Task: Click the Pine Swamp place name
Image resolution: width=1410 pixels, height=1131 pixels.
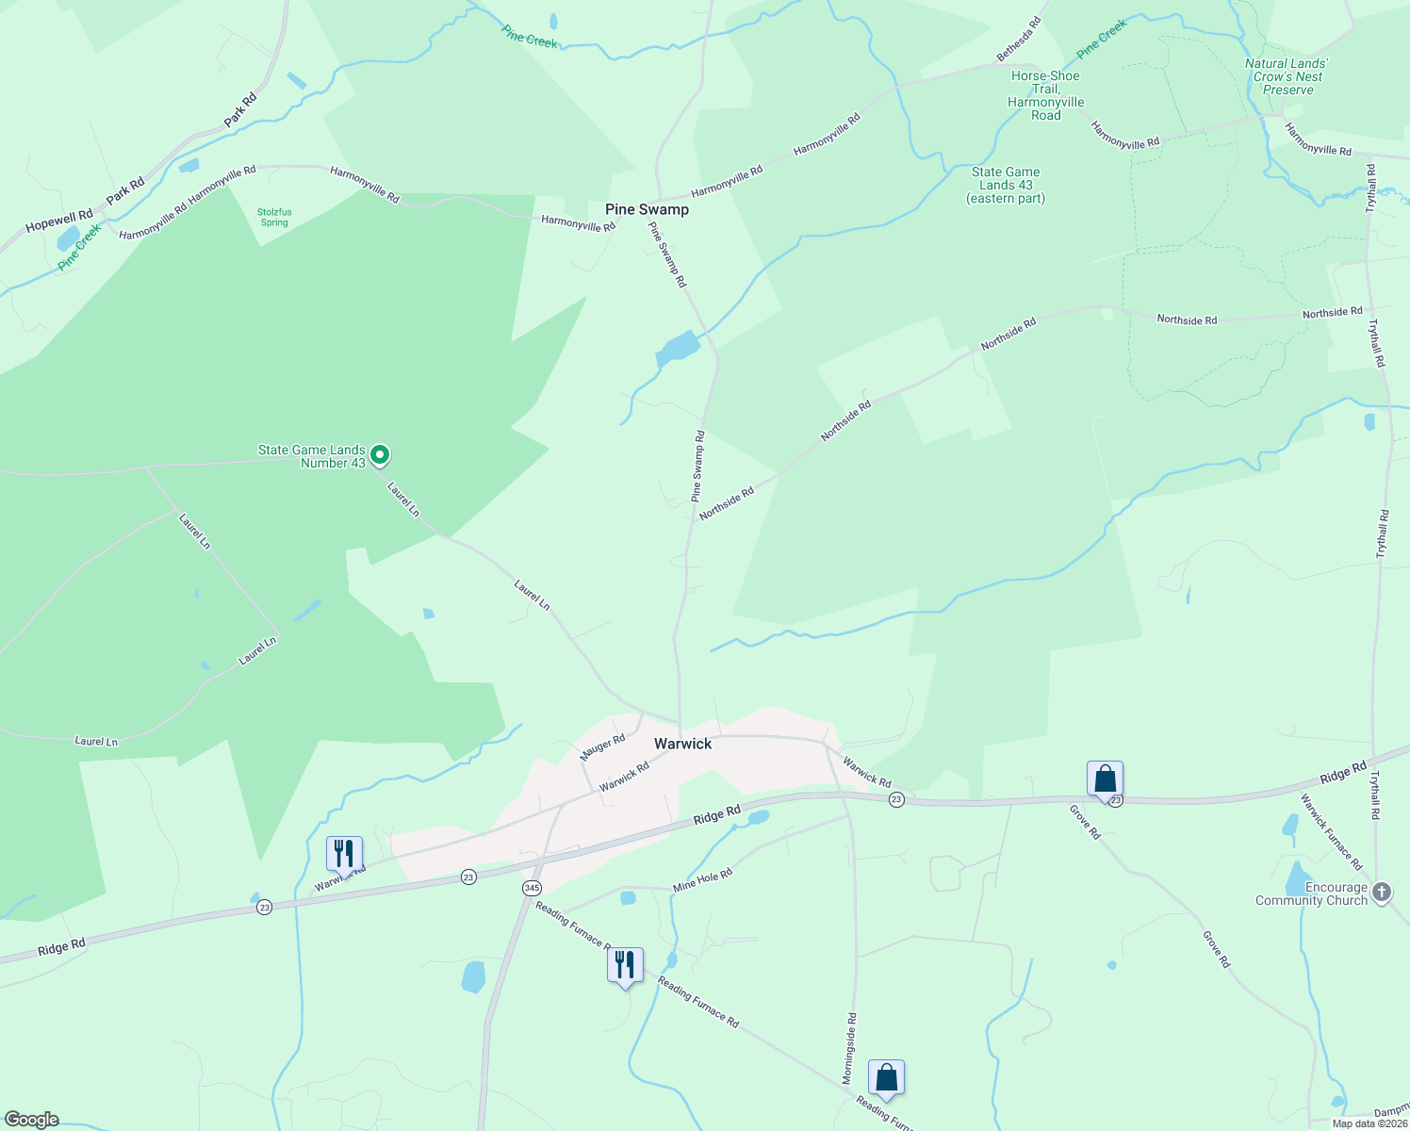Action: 647,209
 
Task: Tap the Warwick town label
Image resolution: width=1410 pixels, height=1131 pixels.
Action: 682,744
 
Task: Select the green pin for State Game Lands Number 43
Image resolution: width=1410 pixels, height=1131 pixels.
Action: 380,455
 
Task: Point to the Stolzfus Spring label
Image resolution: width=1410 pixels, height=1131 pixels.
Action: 274,218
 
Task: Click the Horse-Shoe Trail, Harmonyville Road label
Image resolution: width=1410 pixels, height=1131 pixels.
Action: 1045,96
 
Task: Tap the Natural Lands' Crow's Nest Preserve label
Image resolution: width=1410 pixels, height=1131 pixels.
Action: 1287,77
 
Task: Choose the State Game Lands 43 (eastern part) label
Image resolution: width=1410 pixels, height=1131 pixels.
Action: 1006,185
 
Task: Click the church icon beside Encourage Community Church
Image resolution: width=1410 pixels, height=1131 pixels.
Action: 1382,892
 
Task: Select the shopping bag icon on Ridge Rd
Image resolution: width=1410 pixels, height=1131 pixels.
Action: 1105,779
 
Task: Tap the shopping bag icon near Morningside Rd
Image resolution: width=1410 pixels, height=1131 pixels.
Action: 886,1077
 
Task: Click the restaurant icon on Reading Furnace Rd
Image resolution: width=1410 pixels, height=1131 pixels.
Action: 625,965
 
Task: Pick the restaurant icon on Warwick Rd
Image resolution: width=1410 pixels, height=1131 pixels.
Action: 344,854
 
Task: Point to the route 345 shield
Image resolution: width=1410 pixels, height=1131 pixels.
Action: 532,888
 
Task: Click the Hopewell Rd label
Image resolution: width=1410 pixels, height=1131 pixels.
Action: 59,221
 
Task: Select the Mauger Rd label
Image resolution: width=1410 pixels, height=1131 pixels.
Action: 602,747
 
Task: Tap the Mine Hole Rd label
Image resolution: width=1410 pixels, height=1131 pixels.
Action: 702,881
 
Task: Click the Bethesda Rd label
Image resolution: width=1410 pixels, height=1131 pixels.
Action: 1020,40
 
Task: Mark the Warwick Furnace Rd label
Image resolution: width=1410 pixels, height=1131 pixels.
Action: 1332,832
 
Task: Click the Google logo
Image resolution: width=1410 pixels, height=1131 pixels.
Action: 31,1120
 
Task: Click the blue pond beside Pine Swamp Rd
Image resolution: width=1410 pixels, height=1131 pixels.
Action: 678,350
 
